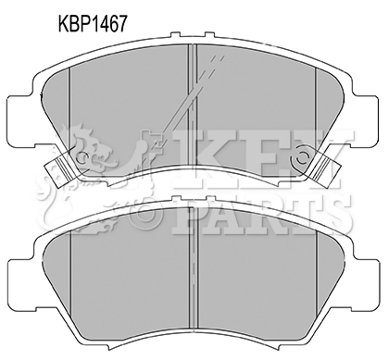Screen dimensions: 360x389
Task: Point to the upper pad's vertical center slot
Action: tap(192, 102)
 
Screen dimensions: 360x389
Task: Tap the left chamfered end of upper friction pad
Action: tap(59, 106)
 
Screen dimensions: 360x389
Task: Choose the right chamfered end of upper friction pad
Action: tap(328, 106)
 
